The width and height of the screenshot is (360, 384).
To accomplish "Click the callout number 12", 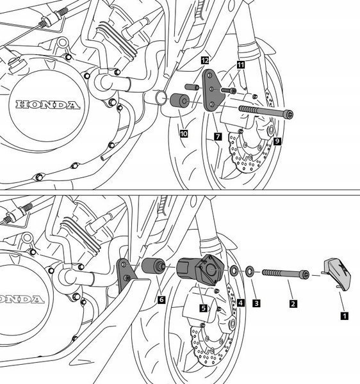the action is click(x=205, y=60).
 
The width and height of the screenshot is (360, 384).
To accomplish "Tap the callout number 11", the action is click(x=241, y=65).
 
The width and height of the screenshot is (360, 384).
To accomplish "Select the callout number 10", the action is click(x=184, y=134).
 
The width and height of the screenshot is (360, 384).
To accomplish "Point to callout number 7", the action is click(x=218, y=137).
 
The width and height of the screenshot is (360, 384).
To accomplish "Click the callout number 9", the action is click(x=277, y=141).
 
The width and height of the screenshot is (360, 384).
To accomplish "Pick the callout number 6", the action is click(x=161, y=300).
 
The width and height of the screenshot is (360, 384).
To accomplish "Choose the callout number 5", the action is click(x=204, y=308).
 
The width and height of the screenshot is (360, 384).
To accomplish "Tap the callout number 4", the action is click(x=240, y=303).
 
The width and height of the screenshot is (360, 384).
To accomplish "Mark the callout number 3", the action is click(x=256, y=303).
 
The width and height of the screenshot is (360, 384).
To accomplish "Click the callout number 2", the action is click(x=293, y=304).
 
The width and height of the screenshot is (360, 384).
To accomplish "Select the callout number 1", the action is click(x=345, y=316).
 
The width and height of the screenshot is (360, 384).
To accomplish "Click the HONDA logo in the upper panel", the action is click(x=48, y=105).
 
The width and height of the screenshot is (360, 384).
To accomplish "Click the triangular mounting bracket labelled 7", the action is click(x=212, y=91).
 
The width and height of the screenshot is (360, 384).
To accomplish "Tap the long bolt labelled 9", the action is click(x=266, y=112).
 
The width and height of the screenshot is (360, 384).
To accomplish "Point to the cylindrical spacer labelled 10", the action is click(x=179, y=100).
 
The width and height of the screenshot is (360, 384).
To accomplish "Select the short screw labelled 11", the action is click(x=229, y=91).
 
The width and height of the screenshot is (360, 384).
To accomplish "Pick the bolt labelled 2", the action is click(x=286, y=274).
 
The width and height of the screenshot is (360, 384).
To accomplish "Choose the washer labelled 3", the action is click(x=250, y=271).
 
